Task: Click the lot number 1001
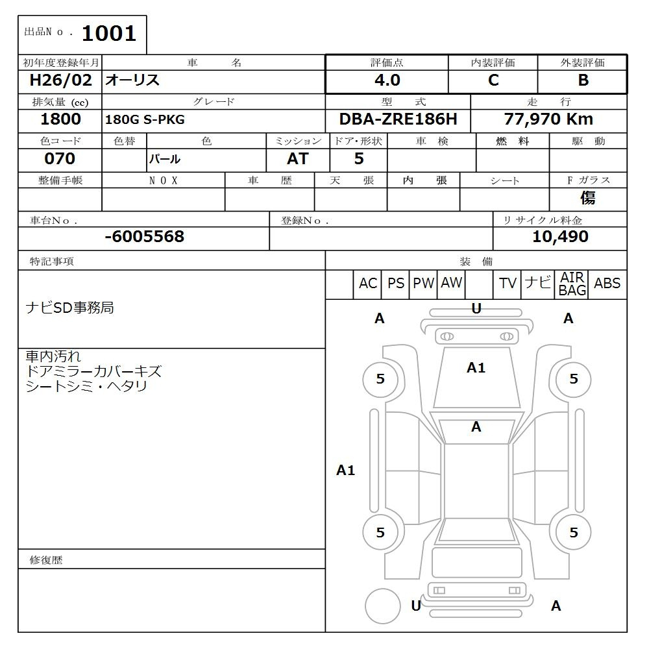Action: click(108, 33)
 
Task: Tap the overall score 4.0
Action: click(387, 80)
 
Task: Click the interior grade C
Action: click(493, 80)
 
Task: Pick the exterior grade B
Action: click(583, 80)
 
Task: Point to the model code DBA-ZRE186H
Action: click(398, 119)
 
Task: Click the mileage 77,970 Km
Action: click(548, 119)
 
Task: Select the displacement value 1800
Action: click(60, 119)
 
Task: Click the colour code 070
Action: click(60, 158)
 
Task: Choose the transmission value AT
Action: click(297, 159)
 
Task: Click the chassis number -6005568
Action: click(144, 237)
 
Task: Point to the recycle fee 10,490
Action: click(560, 237)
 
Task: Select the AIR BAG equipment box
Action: click(572, 284)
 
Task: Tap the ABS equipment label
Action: click(607, 284)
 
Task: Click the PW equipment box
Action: click(423, 284)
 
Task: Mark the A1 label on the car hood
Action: click(476, 368)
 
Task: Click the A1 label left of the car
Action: click(345, 471)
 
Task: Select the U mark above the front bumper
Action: click(476, 309)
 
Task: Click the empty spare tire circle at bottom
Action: click(382, 606)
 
